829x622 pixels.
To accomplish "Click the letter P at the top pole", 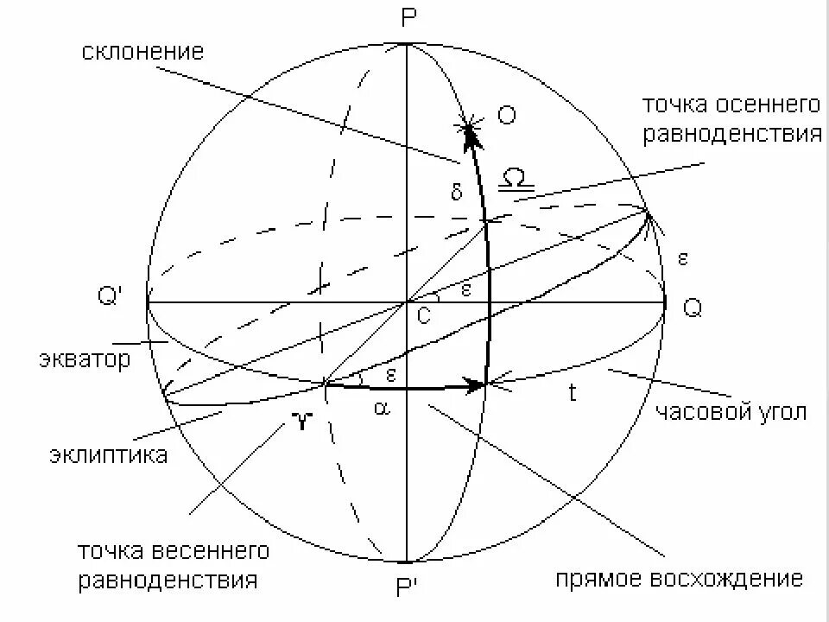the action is pos(408,19).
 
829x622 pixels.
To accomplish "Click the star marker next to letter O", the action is pos(469,130).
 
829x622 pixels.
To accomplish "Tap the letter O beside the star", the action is pos(507,116).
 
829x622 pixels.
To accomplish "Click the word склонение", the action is pos(143,52).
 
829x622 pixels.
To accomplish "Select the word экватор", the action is pos(85,359).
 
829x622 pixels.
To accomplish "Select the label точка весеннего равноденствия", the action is pos(168,564).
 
